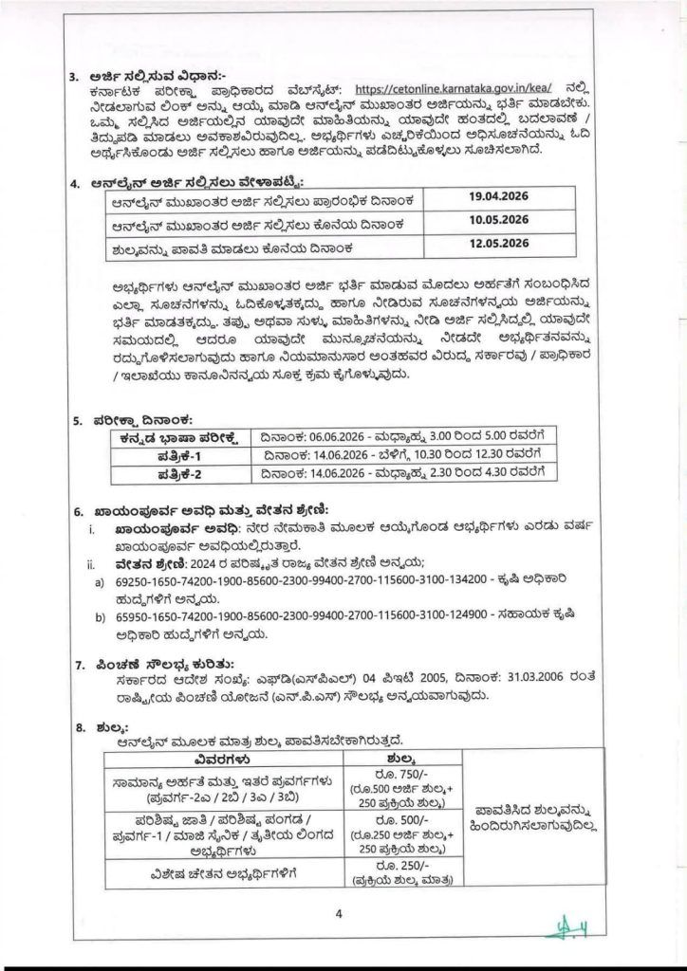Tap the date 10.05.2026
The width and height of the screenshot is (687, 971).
[x=498, y=222]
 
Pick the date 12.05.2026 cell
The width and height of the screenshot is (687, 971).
[x=498, y=245]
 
